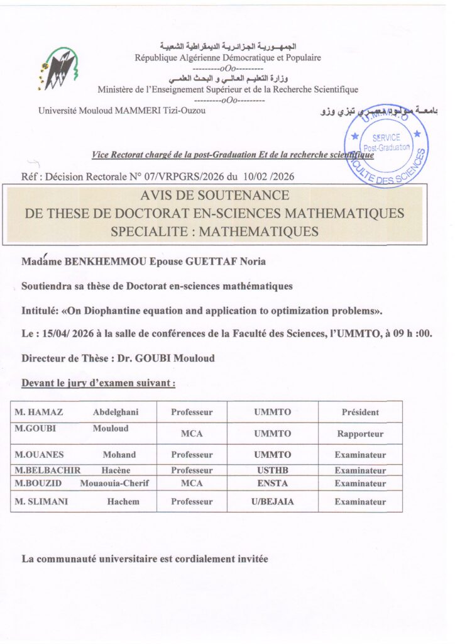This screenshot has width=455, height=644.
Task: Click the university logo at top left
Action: pyautogui.click(x=58, y=67)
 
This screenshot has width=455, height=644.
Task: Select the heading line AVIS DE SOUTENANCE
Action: pyautogui.click(x=215, y=196)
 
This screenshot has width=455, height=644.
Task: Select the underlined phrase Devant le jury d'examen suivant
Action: pyautogui.click(x=98, y=382)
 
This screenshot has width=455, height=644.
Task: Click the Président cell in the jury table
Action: pyautogui.click(x=359, y=413)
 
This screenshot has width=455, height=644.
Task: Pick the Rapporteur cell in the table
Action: pyautogui.click(x=359, y=434)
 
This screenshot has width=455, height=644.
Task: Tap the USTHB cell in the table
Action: pyautogui.click(x=272, y=470)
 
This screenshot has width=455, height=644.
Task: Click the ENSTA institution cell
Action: pyautogui.click(x=272, y=484)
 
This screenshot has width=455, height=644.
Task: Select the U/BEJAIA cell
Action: pyautogui.click(x=272, y=502)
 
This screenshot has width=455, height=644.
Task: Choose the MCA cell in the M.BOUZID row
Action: pyautogui.click(x=192, y=484)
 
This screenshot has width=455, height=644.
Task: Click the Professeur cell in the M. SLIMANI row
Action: pyautogui.click(x=192, y=502)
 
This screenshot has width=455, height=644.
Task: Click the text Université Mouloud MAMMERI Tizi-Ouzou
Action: pyautogui.click(x=121, y=111)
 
